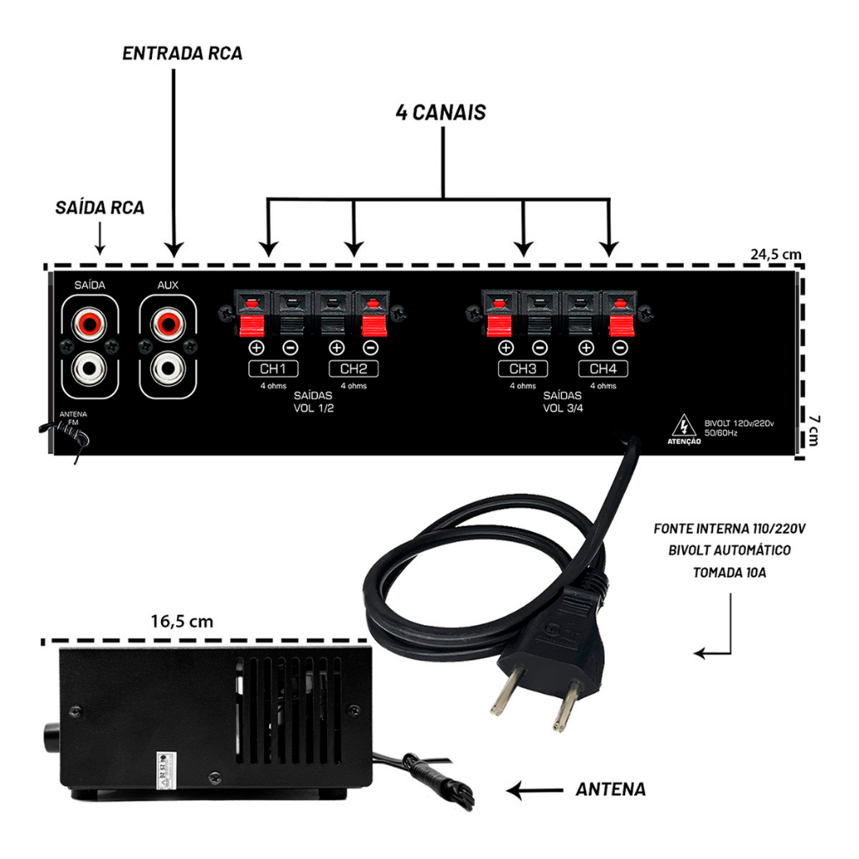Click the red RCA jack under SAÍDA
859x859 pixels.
coord(89,320)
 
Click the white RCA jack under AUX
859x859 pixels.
coord(168,367)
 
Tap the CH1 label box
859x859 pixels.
coord(272,369)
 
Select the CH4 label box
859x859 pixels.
coord(602,369)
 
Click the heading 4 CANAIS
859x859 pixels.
coord(440,113)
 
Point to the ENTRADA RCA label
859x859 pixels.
coord(182,54)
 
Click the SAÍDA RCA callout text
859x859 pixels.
coord(100,208)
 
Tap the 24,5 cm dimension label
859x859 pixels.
coord(776,253)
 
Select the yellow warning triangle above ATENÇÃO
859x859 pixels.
coord(684,423)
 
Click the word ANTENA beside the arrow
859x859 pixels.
coord(611,789)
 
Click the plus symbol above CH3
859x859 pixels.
coord(505,347)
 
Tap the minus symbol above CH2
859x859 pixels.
coord(371,347)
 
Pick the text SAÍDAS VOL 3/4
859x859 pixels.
coord(562,402)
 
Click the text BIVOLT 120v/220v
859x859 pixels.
coord(739,424)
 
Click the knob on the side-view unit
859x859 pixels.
coord(49,738)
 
